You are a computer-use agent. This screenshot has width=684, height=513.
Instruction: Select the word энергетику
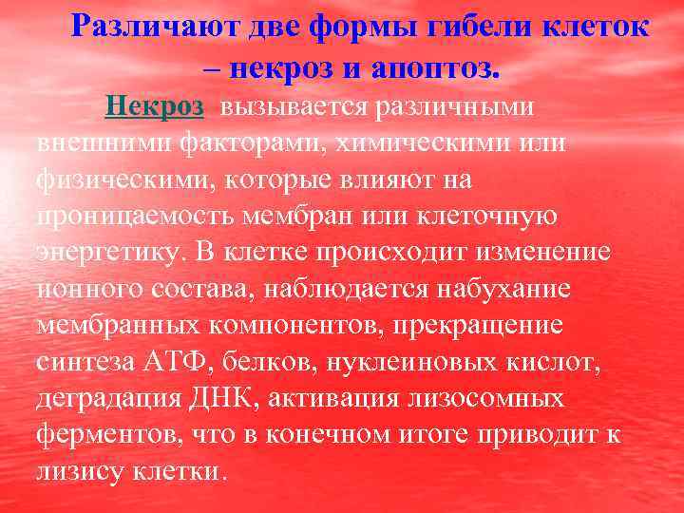(x=110, y=253)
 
